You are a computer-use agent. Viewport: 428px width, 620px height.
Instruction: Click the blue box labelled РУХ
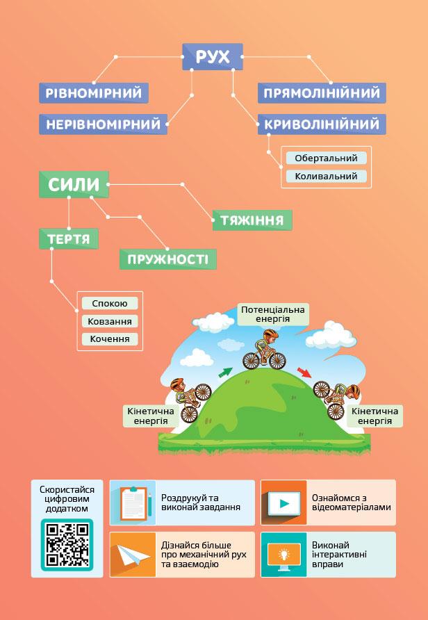(x=213, y=57)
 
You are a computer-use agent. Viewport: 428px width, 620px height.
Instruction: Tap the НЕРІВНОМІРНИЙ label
(x=103, y=124)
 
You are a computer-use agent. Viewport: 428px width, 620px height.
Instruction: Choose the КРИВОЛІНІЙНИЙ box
(x=322, y=124)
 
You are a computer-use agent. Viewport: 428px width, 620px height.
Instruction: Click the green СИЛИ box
(x=74, y=185)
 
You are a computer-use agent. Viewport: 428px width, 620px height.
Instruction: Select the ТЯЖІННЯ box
(x=252, y=220)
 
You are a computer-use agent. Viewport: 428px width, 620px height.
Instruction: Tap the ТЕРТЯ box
(x=68, y=240)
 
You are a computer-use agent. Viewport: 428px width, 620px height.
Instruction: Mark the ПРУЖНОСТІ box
(x=167, y=260)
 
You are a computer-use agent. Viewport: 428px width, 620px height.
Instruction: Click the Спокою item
(x=110, y=304)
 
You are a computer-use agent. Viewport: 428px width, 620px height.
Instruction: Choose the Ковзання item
(x=110, y=321)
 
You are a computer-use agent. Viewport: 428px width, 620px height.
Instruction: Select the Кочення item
(x=110, y=339)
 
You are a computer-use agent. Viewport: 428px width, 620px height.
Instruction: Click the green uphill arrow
(x=225, y=372)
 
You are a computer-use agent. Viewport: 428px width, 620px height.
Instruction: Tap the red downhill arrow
(x=304, y=373)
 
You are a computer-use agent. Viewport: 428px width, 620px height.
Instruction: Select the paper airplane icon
(x=132, y=555)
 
